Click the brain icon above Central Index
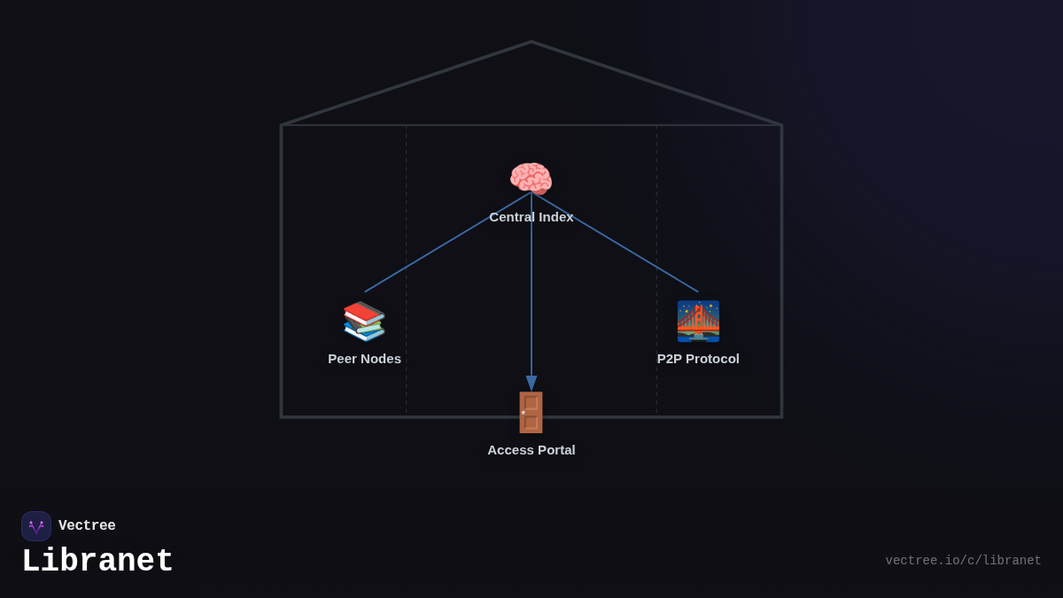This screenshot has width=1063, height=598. pyautogui.click(x=531, y=178)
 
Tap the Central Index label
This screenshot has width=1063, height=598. pyautogui.click(x=531, y=217)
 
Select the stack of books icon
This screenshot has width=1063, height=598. pyautogui.click(x=364, y=321)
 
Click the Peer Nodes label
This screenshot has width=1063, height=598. pyautogui.click(x=364, y=359)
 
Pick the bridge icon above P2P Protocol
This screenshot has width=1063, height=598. pyautogui.click(x=698, y=321)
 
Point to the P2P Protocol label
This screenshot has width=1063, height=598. pyautogui.click(x=698, y=359)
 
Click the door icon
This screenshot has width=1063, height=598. pyautogui.click(x=531, y=412)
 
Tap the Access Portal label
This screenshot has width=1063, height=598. pyautogui.click(x=531, y=450)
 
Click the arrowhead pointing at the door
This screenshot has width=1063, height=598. pyautogui.click(x=531, y=383)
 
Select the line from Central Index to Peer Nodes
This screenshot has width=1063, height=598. pyautogui.click(x=447, y=243)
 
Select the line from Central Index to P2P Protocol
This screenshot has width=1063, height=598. pyautogui.click(x=615, y=243)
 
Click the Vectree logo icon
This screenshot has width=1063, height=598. pyautogui.click(x=36, y=526)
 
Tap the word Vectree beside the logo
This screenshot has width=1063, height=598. pyautogui.click(x=87, y=526)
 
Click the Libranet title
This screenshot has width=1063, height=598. pyautogui.click(x=97, y=562)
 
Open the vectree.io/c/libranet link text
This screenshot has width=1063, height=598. pyautogui.click(x=963, y=561)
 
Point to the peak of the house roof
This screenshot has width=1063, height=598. pyautogui.click(x=531, y=43)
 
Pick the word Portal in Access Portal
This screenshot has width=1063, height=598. pyautogui.click(x=555, y=450)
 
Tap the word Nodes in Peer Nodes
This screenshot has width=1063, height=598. pyautogui.click(x=381, y=359)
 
